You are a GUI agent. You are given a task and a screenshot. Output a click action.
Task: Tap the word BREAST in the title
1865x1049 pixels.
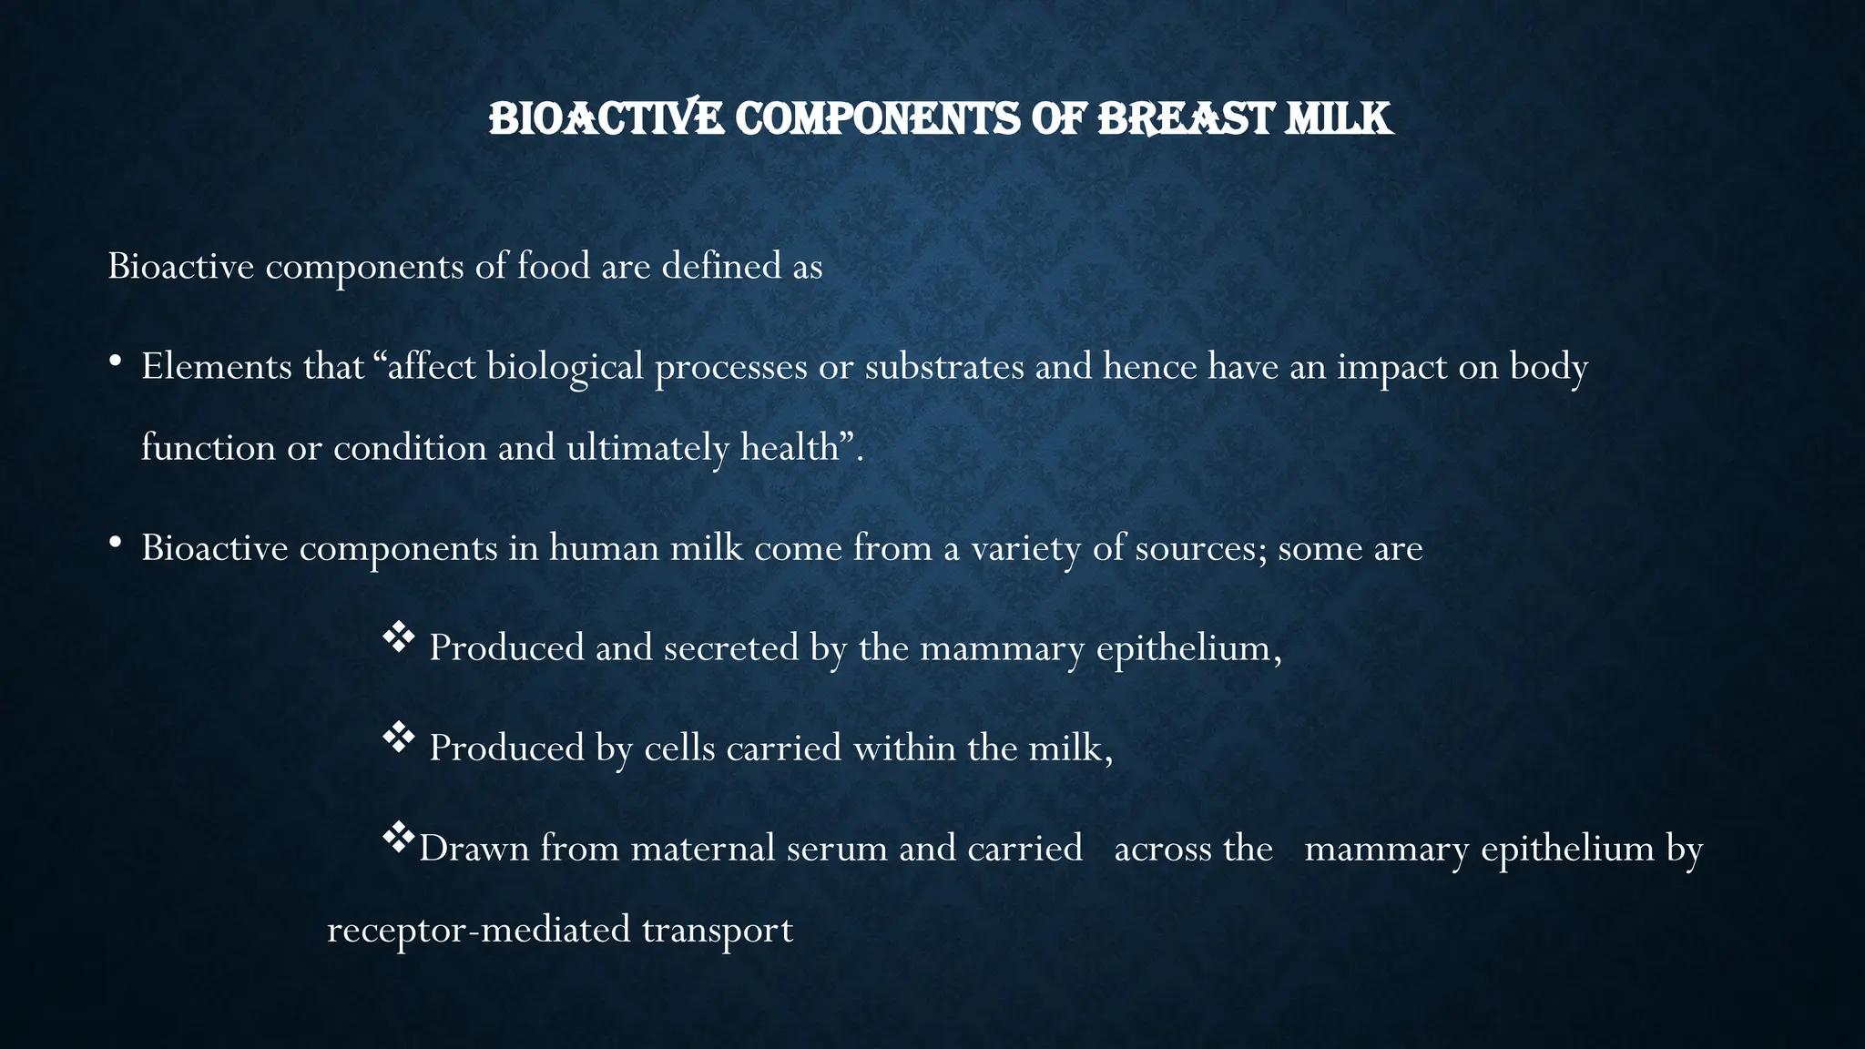1185,119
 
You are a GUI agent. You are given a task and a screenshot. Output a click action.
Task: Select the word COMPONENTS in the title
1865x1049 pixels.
877,119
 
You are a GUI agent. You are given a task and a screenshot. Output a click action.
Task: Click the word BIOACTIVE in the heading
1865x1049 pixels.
606,119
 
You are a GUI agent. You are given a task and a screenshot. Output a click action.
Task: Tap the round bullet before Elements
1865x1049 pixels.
115,362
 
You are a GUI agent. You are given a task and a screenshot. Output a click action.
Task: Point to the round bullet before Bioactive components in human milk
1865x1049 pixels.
115,544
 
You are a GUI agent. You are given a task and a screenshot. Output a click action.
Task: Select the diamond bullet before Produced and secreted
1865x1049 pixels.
398,637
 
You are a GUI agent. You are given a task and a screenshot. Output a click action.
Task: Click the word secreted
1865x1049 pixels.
731,647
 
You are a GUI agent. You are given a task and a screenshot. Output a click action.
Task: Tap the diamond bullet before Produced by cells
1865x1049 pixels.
398,738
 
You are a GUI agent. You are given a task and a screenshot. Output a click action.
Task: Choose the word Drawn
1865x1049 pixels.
474,848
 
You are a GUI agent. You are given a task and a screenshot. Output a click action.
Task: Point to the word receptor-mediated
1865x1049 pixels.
478,931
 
